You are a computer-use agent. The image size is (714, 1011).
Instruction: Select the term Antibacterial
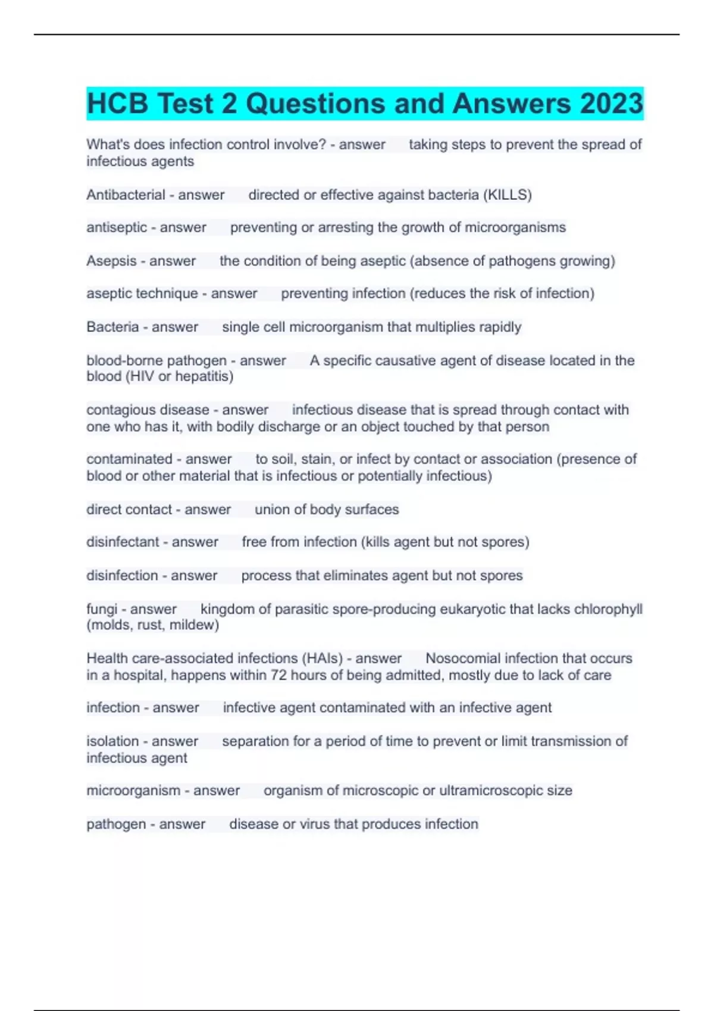tap(126, 195)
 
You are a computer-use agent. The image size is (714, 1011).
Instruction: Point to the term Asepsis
tap(111, 261)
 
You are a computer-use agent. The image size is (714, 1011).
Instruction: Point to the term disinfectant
tap(123, 542)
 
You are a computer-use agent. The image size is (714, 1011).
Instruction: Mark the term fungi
tap(102, 610)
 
